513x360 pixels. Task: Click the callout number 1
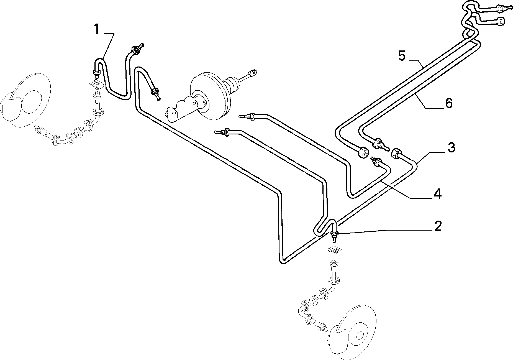tap(96, 29)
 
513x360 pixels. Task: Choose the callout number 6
tap(448, 103)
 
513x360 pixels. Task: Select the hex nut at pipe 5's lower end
tap(363, 152)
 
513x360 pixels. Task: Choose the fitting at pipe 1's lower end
tap(96, 73)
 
